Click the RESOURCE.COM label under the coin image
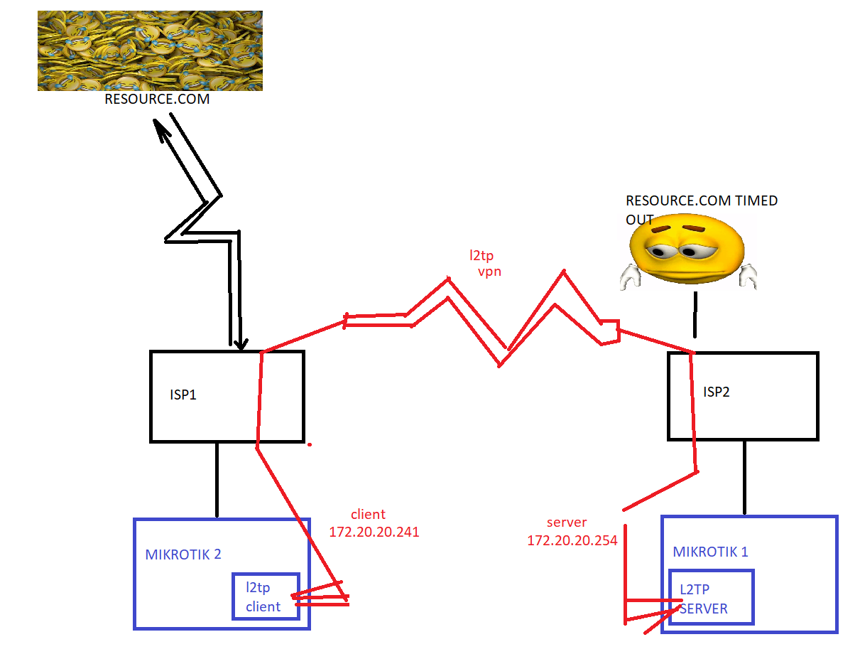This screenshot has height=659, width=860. point(157,100)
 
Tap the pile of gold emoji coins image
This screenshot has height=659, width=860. point(150,50)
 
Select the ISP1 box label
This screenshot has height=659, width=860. point(183,395)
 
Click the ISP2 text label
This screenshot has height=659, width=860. point(716,392)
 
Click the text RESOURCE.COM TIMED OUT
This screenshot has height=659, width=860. point(700,210)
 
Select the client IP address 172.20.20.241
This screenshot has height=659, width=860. point(374,531)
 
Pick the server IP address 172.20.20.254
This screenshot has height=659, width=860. point(572,540)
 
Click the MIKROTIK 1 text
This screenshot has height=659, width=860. point(710,552)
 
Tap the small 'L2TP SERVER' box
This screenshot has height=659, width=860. point(710,597)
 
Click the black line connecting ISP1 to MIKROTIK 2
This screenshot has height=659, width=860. point(217,481)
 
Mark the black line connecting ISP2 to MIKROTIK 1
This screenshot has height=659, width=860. point(744,476)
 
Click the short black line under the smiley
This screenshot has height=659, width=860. point(695,314)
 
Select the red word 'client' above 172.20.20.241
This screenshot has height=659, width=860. point(368,515)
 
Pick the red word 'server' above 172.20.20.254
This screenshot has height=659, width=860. point(567,523)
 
